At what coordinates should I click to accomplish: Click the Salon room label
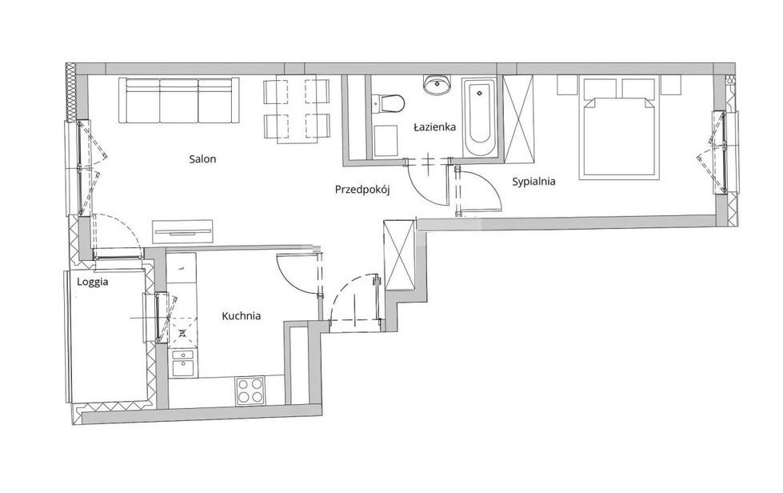click(x=202, y=159)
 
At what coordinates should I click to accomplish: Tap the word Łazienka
click(x=434, y=127)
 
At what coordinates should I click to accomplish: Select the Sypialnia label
click(x=533, y=182)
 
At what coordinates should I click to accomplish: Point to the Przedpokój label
click(x=362, y=190)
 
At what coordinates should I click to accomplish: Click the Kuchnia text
click(x=242, y=315)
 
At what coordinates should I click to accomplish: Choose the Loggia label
click(x=93, y=283)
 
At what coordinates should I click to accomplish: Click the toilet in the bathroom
click(x=389, y=103)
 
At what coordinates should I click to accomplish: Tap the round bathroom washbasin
click(x=437, y=84)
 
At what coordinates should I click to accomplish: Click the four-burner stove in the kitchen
click(x=250, y=390)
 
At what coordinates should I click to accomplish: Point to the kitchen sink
click(x=183, y=363)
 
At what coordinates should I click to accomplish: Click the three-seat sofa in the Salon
click(x=178, y=100)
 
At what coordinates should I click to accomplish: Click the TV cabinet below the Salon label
click(x=183, y=231)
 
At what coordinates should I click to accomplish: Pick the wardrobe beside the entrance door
click(x=400, y=255)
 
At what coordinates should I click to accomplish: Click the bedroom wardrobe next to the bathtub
click(x=518, y=119)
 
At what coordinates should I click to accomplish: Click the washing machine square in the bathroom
click(x=385, y=141)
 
